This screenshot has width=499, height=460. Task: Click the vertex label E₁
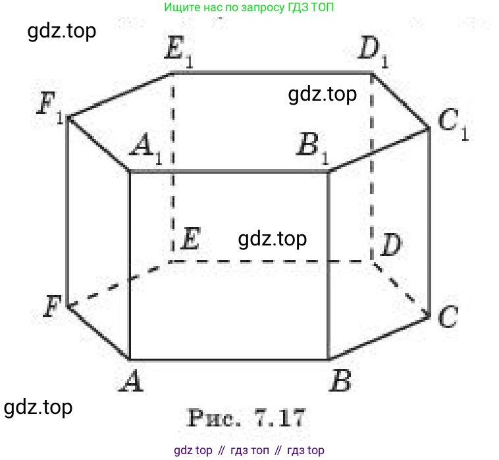179,51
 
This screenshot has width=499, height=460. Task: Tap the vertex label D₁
373,51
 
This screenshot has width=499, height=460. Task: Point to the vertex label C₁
453,124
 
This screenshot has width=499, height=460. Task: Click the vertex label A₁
145,148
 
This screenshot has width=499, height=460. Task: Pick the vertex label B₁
313,148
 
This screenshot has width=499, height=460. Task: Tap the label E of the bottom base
191,238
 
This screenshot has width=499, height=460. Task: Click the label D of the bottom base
391,244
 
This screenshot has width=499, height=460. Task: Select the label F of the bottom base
52,306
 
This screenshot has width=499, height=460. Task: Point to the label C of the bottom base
448,316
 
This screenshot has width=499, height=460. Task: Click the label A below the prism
132,381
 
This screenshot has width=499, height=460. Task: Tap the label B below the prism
340,381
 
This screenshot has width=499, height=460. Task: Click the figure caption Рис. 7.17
246,418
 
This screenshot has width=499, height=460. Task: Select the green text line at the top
249,7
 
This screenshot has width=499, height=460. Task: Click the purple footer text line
249,450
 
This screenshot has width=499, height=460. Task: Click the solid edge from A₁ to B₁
229,172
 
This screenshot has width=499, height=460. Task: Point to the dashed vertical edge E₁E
172,167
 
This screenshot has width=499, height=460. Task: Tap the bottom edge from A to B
229,360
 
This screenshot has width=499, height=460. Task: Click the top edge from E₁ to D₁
272,73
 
